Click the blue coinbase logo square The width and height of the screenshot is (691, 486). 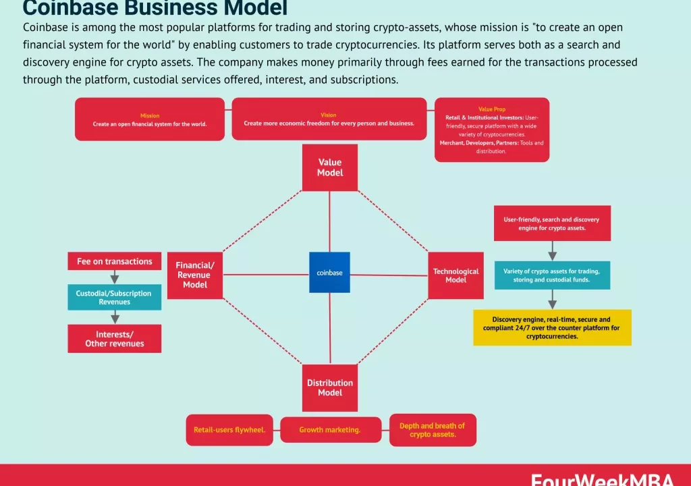pos(329,272)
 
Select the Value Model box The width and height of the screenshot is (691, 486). pos(329,167)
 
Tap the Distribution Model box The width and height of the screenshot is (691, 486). pos(329,387)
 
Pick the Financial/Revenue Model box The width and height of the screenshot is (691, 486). pos(194,275)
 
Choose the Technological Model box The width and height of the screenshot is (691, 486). pos(455,275)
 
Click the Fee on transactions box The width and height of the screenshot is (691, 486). pos(114,261)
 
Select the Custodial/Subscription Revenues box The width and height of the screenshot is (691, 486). pos(114,297)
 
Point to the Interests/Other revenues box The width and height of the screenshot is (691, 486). pos(114,338)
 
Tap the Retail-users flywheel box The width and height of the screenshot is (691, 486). pos(229,430)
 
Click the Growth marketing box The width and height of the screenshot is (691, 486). pos(331,430)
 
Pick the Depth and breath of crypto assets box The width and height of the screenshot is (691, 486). pos(433,430)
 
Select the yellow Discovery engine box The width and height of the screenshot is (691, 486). pos(552,327)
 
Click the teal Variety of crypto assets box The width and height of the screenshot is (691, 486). pos(552,275)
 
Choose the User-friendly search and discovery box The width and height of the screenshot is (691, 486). pos(552,223)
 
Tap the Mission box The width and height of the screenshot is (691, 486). pos(150,119)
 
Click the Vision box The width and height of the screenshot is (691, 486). pos(329,119)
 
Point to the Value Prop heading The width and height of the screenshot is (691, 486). pos(491,109)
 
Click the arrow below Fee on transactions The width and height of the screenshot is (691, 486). pos(114,277)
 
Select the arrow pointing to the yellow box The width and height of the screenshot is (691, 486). pos(552,299)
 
